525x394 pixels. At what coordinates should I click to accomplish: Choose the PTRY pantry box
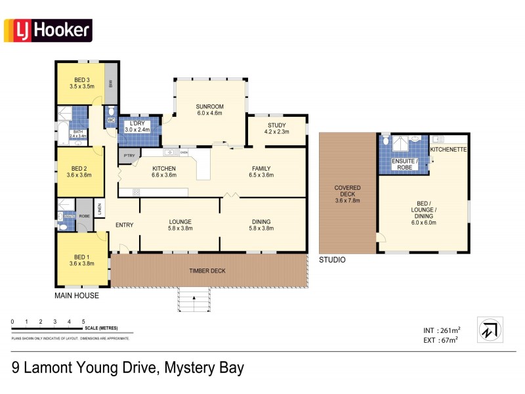126,156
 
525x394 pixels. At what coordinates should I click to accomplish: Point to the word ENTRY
124,225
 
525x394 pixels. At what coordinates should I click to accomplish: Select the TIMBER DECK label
208,270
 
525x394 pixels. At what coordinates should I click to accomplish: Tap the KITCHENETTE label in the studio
448,150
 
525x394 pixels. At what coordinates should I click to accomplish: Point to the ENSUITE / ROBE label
402,164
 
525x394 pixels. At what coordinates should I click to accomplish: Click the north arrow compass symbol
489,330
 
